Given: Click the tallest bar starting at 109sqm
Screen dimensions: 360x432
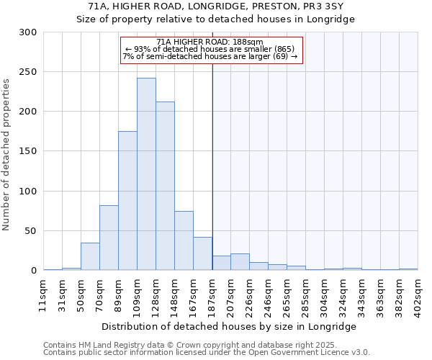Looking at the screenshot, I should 146,174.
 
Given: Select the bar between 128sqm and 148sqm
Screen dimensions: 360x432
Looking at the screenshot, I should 165,186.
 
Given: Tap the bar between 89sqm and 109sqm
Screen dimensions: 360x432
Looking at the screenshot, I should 127,200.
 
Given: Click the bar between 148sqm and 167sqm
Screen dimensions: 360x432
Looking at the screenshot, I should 184,240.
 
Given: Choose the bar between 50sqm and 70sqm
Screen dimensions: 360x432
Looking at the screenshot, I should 90,256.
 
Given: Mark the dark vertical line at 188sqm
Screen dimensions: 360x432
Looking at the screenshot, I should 212,158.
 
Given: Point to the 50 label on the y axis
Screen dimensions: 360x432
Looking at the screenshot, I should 30,231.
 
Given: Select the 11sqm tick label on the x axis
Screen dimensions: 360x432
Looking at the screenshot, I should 43,295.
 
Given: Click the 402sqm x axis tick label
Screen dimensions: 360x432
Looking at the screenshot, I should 418,295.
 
